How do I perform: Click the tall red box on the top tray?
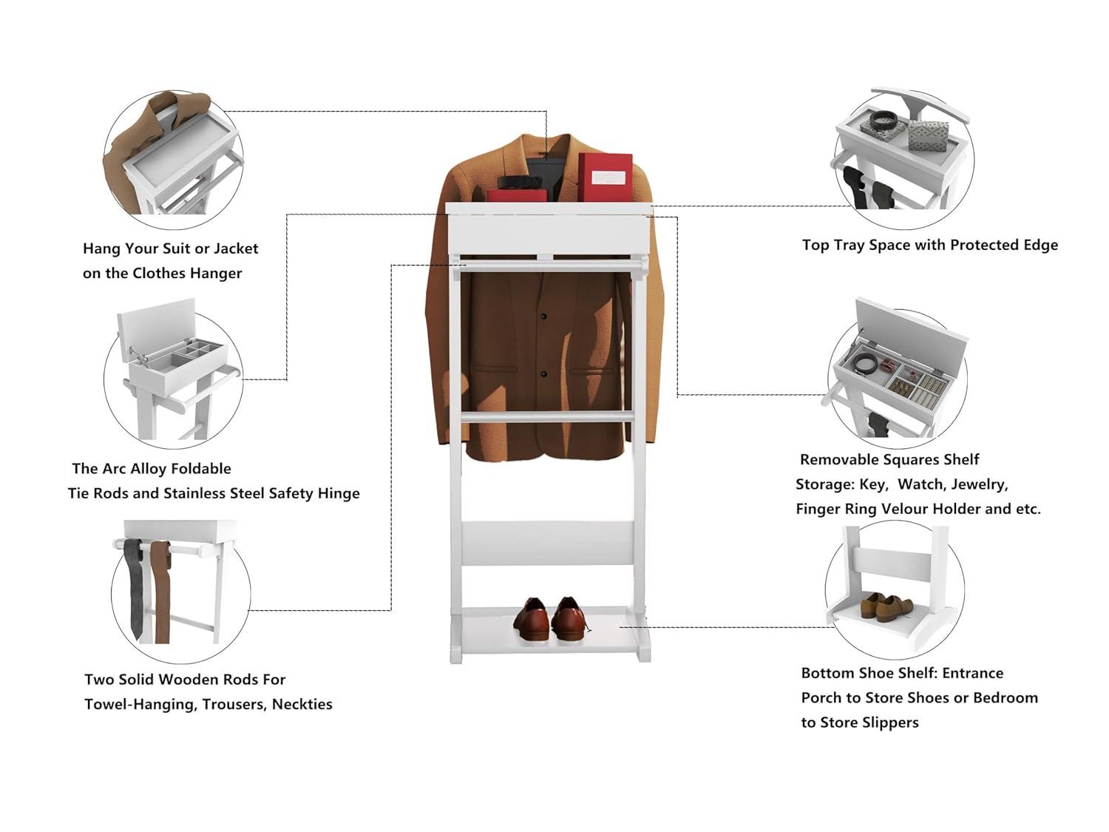tap(605, 177)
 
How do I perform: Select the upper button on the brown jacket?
tap(544, 317)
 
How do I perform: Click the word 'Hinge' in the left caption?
tap(338, 493)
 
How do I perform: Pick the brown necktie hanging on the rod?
tap(160, 592)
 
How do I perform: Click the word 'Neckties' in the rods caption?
tap(302, 704)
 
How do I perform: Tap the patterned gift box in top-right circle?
tap(927, 138)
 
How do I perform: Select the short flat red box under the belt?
tap(517, 195)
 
